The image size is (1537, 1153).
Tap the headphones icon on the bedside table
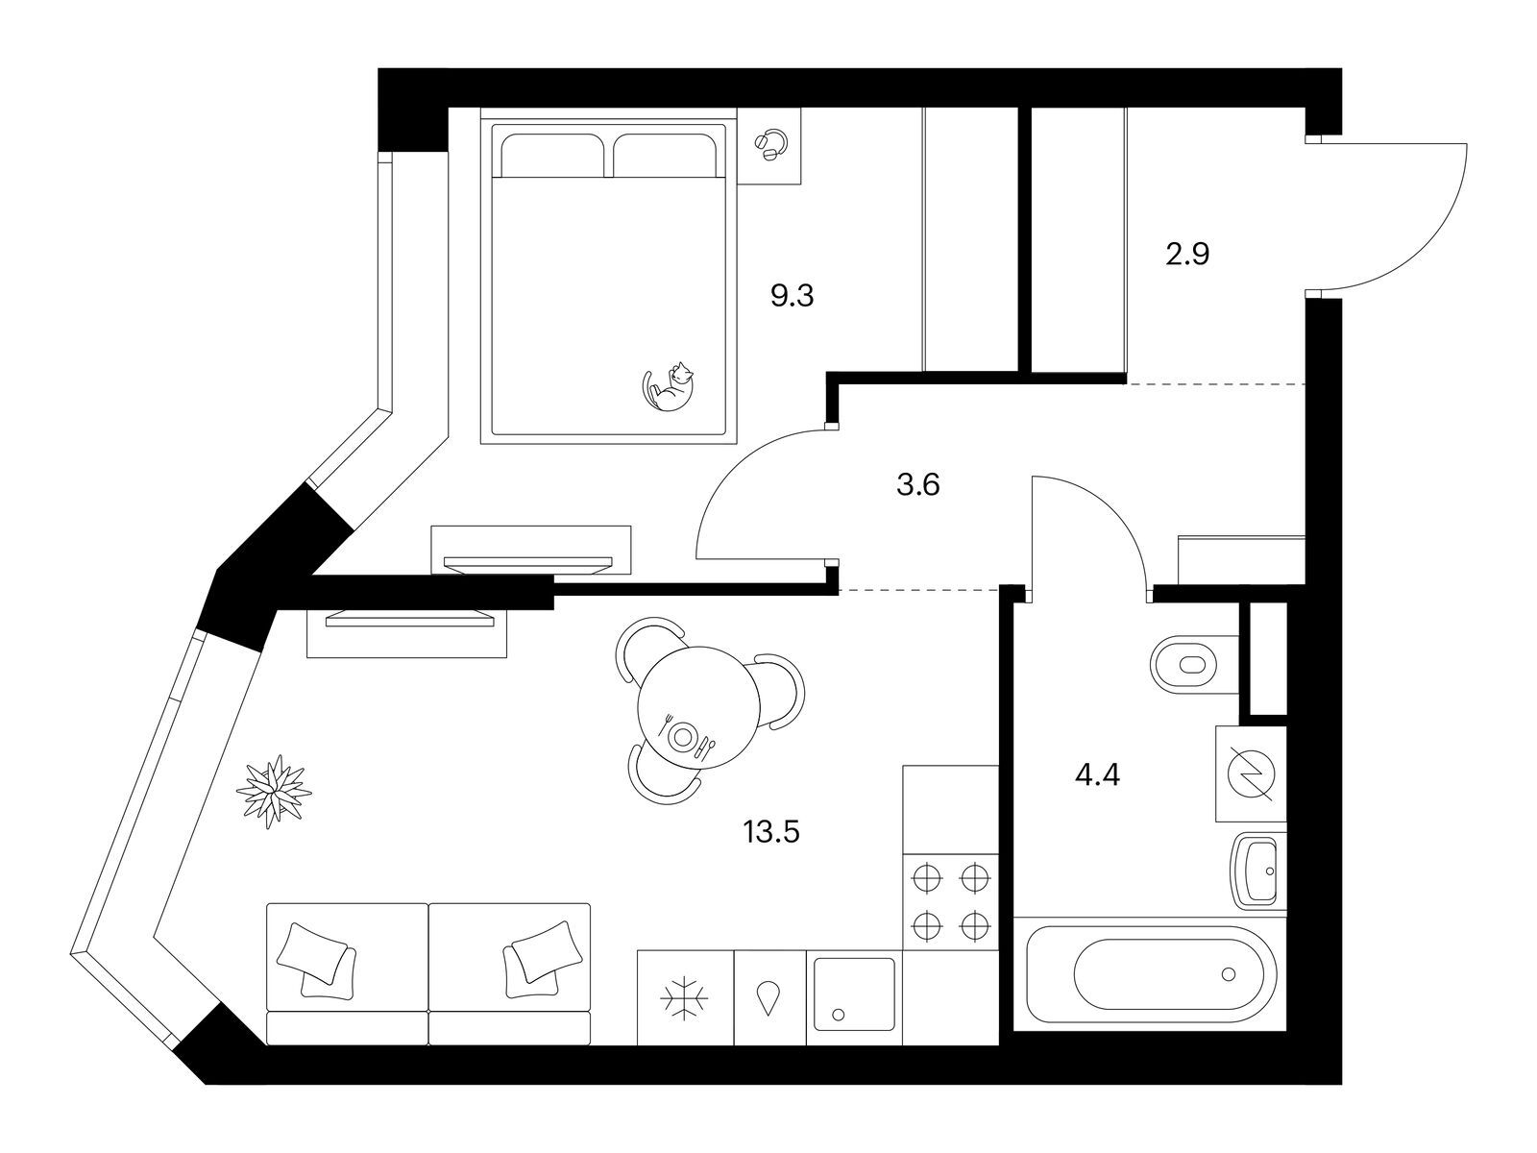pos(770,146)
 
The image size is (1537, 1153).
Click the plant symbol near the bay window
pos(274,792)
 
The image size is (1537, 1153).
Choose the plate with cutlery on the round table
pos(684,736)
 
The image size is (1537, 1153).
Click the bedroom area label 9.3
pos(792,296)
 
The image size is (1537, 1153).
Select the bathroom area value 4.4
pos(1098,775)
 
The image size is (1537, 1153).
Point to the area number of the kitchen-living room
pos(771,833)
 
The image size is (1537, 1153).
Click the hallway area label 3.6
pos(918,484)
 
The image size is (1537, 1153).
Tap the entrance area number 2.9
pos(1187,254)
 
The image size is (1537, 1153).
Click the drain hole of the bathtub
pos(1228,973)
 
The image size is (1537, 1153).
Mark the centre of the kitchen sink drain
pos(839,1015)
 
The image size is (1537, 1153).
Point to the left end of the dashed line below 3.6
pos(839,591)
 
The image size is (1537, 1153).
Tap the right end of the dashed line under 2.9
pos(1305,383)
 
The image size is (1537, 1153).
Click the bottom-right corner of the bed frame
pos(738,444)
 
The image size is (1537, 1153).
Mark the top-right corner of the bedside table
pos(800,108)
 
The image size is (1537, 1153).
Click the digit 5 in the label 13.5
pos(792,833)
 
